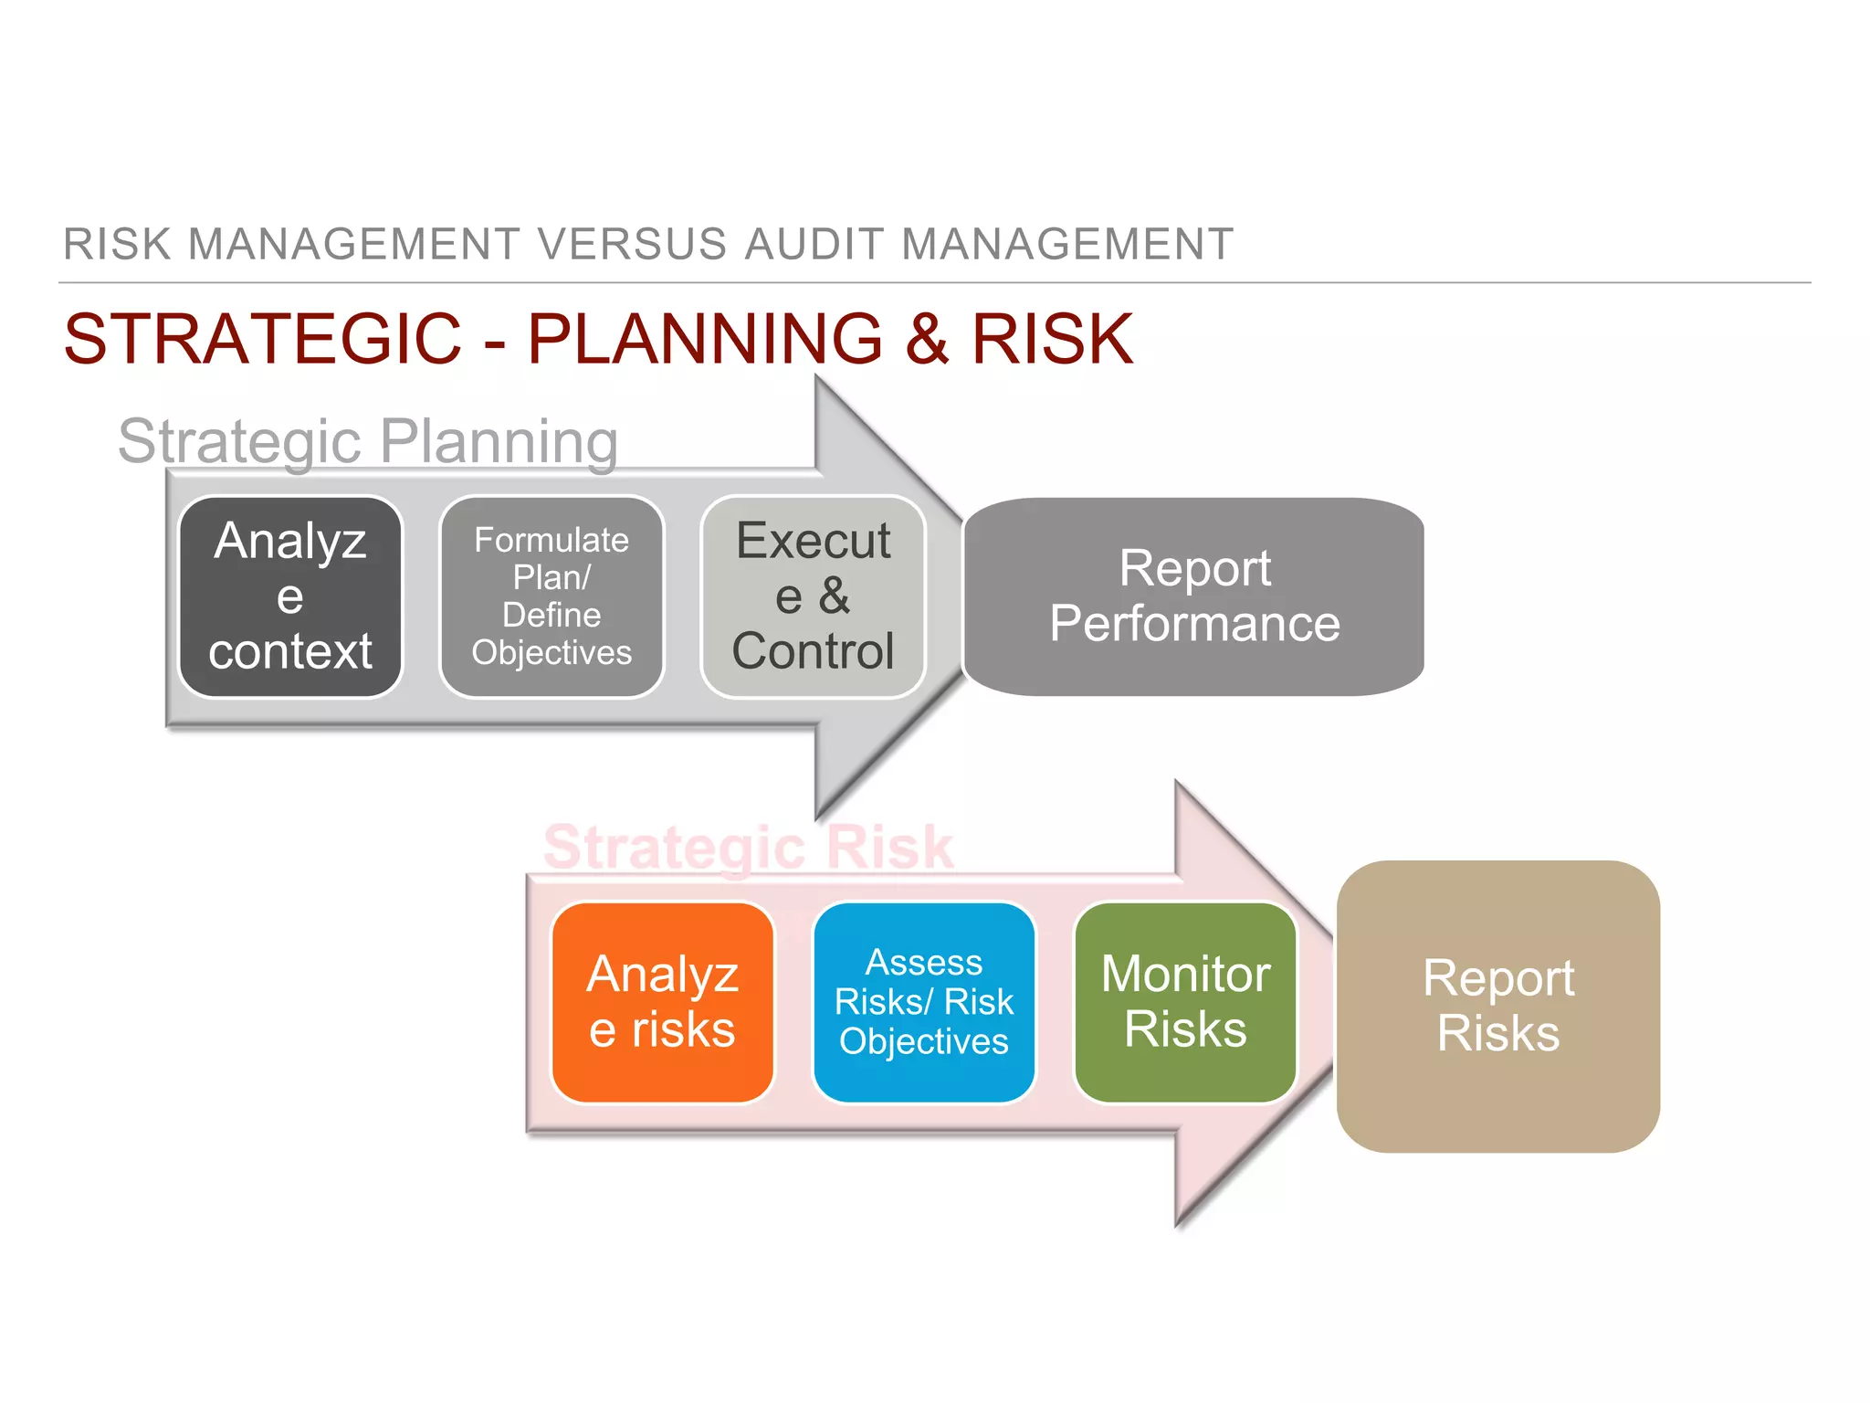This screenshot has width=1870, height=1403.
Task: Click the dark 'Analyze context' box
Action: click(x=290, y=596)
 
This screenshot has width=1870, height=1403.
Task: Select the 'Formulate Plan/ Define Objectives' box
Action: click(x=552, y=596)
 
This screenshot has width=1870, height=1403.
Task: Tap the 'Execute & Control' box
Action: click(x=813, y=596)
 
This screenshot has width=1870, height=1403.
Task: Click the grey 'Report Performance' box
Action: click(x=1193, y=596)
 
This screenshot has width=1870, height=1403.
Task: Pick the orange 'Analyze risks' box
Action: click(x=662, y=1002)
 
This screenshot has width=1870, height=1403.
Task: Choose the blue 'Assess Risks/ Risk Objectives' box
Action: click(x=923, y=1002)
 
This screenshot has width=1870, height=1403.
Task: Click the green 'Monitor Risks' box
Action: click(x=1185, y=1002)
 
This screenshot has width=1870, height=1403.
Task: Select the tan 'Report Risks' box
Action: click(x=1497, y=1006)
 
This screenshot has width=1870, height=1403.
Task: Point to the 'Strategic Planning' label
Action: click(x=368, y=441)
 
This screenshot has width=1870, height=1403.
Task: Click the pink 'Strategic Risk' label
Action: click(x=748, y=847)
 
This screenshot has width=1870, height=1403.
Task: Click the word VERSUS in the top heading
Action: click(x=632, y=245)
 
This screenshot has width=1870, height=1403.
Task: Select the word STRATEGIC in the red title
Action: click(x=263, y=339)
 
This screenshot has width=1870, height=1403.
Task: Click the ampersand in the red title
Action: click(x=927, y=339)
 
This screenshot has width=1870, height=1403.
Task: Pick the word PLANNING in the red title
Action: click(x=705, y=339)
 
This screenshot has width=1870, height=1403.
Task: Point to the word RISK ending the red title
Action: click(x=1052, y=339)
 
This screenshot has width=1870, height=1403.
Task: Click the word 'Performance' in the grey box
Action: click(x=1194, y=624)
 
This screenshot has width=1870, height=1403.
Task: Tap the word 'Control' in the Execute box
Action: click(x=813, y=651)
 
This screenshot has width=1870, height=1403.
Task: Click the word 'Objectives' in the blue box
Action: click(x=923, y=1041)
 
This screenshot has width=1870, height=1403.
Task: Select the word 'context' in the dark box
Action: click(x=290, y=651)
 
